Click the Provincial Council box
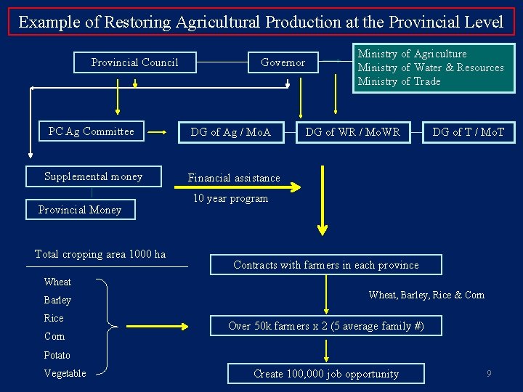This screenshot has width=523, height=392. (134, 62)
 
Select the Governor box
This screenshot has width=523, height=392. (283, 62)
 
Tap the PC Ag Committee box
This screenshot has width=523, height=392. (91, 131)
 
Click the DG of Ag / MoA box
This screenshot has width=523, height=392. (230, 132)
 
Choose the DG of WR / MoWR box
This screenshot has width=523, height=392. (352, 132)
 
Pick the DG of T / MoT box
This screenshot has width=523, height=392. (468, 132)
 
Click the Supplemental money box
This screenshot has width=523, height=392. (93, 176)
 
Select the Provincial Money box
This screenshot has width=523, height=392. (80, 210)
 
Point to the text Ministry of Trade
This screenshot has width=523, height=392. (399, 81)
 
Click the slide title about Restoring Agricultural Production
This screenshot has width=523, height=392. (261, 22)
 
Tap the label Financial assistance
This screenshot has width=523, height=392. (234, 178)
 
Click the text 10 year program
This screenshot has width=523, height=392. (230, 198)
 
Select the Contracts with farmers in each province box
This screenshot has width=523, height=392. (325, 265)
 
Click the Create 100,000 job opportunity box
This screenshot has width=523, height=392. (325, 374)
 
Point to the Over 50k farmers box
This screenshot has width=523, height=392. (325, 326)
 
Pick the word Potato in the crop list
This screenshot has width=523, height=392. (57, 355)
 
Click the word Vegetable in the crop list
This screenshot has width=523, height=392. (65, 373)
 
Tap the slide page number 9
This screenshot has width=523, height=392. (489, 374)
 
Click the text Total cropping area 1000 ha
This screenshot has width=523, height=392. (100, 254)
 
